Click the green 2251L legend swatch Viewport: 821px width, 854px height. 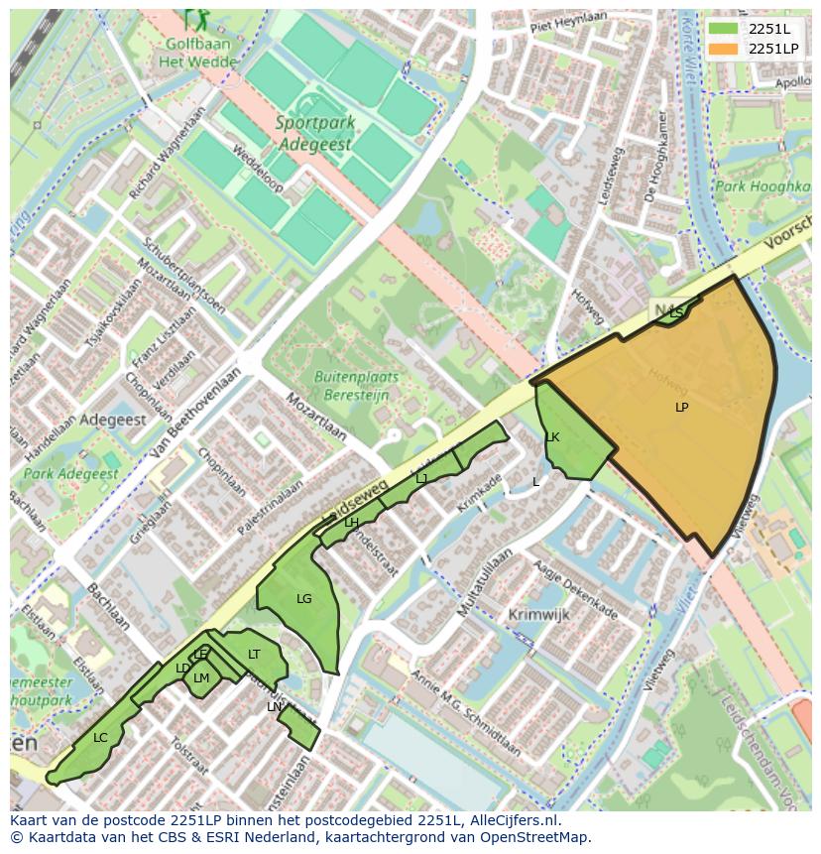coord(724,29)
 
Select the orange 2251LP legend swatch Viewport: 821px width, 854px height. coord(724,49)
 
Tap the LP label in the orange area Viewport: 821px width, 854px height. coord(682,408)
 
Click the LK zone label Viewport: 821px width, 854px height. coord(552,437)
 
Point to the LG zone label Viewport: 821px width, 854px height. coord(304,599)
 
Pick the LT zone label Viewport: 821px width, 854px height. coord(254,655)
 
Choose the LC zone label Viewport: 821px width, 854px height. coord(100,738)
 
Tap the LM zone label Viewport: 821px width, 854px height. coord(201,678)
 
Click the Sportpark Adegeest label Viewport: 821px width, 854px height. coord(315,134)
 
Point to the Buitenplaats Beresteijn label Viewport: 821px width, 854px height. coord(356,386)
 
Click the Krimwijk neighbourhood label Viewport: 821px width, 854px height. coord(539,615)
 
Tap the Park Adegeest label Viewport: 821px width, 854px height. coord(71,474)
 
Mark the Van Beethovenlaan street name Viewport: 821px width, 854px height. coord(197,415)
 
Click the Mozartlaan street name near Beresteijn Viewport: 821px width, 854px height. coord(316,418)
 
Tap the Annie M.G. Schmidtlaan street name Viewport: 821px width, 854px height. coord(465,713)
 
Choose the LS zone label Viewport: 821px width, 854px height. coord(676,313)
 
